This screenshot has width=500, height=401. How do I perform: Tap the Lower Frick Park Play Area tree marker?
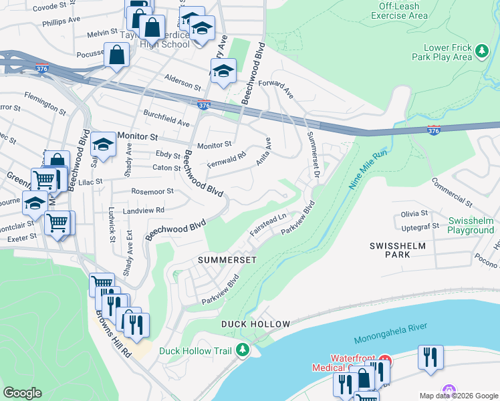[481, 51]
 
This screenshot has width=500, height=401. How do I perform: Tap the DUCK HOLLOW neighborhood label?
[256, 324]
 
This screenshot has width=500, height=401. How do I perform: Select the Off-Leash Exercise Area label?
[399, 11]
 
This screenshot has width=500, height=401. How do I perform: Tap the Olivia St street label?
[414, 213]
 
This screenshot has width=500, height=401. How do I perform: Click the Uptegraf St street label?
[419, 226]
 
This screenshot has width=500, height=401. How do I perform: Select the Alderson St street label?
[183, 86]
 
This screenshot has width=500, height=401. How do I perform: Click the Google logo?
[22, 393]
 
